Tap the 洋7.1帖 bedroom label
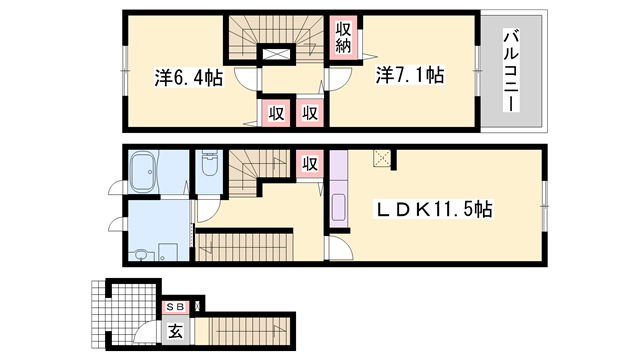(410, 75)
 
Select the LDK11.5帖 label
(433, 210)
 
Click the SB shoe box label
(174, 306)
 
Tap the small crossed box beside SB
(198, 305)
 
